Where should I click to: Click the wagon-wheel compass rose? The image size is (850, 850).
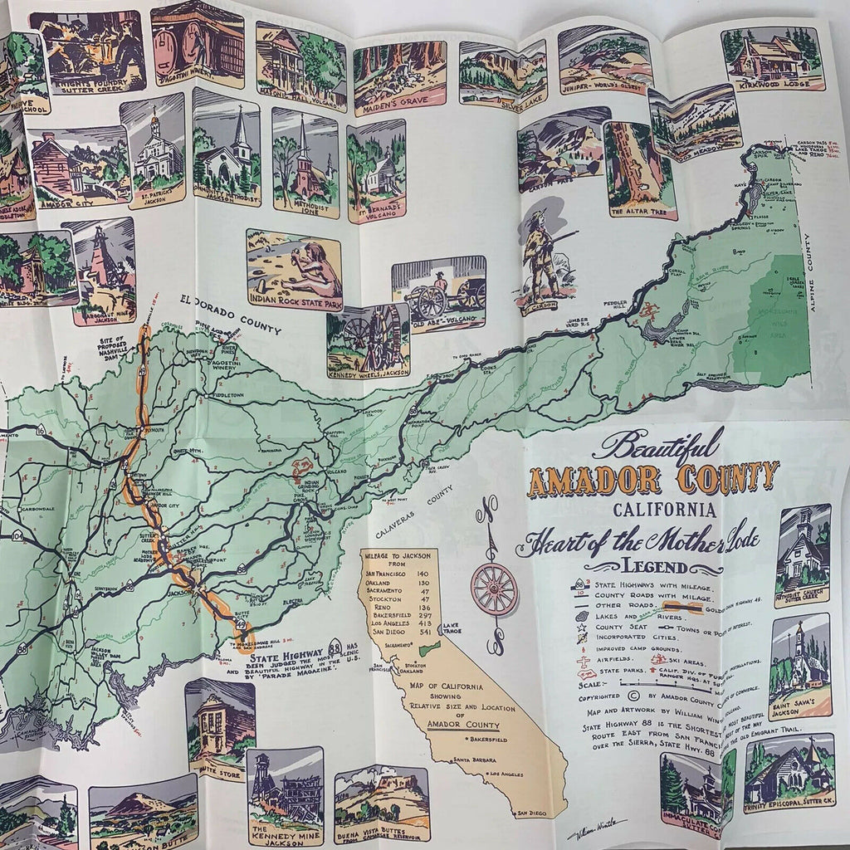click(x=494, y=589)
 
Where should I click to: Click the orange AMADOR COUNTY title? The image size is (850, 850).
click(x=652, y=479)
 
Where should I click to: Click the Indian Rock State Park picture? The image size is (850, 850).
click(x=294, y=270)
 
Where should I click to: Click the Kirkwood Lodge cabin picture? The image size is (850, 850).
click(x=772, y=56)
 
